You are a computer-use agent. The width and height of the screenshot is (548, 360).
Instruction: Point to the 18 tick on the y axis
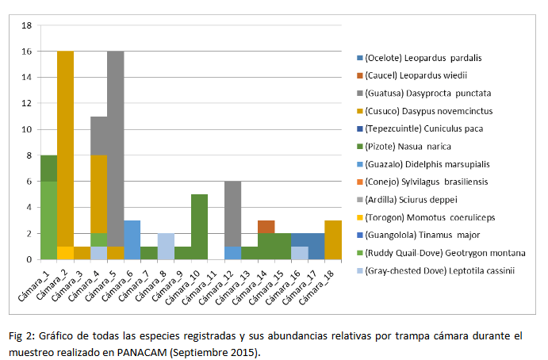(26, 25)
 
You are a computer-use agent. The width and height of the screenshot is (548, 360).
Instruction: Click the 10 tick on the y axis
(26, 129)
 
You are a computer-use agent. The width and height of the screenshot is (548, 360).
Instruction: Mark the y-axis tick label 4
(29, 208)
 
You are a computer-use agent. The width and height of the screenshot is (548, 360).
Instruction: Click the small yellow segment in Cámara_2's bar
(65, 253)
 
